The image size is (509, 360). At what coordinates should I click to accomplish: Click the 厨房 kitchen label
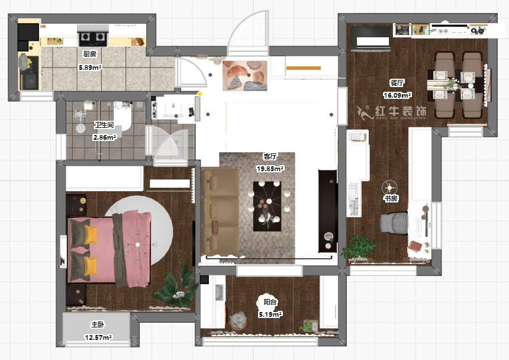(89, 54)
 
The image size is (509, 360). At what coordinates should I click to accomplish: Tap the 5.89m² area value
(90, 67)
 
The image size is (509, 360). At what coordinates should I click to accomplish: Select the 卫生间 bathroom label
(104, 125)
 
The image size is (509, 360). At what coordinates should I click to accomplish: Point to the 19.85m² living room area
(270, 169)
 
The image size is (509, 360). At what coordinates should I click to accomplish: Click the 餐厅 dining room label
(397, 83)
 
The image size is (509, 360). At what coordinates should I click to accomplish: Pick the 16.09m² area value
(397, 95)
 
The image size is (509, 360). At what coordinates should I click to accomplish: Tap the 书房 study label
(391, 198)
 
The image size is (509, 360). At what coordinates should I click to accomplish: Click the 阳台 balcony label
(270, 302)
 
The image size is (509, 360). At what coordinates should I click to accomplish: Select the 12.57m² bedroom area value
(98, 337)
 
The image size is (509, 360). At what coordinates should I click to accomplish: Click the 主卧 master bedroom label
(98, 324)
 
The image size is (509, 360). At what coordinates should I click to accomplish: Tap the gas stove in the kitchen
(92, 38)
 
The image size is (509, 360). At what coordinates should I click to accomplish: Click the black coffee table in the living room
(267, 206)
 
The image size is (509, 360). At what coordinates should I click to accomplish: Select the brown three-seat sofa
(220, 212)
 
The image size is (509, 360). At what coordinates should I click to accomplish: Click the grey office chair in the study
(394, 223)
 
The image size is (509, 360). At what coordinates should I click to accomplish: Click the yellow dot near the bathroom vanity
(200, 94)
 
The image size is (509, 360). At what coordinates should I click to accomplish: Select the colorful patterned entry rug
(245, 76)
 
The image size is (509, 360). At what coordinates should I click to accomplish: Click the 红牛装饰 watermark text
(401, 112)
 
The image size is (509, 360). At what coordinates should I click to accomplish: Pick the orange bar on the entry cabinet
(304, 68)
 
